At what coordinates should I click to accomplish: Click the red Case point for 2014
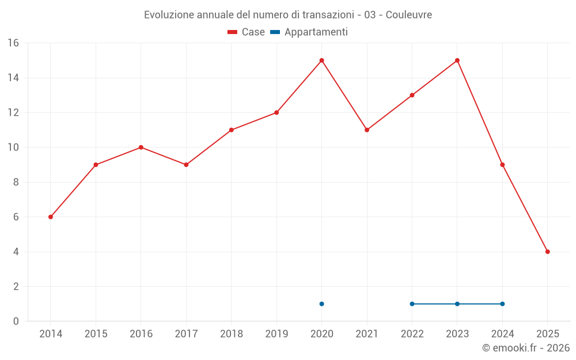[x=51, y=217]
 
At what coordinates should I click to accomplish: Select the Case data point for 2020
[x=321, y=60]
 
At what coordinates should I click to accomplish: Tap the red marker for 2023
[x=457, y=60]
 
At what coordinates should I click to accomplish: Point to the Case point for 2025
[x=548, y=252]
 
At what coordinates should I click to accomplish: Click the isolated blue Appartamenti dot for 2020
[x=321, y=304]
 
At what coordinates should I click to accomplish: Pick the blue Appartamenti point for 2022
[x=412, y=304]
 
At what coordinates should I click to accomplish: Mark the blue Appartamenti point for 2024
[x=502, y=304]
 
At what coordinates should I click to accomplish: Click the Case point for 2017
[x=186, y=165]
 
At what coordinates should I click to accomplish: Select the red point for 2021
[x=367, y=130]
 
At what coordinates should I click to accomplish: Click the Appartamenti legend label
[x=316, y=32]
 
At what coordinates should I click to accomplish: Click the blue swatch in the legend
[x=275, y=32]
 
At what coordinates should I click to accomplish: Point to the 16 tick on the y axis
[x=13, y=43]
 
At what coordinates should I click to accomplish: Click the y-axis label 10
[x=13, y=147]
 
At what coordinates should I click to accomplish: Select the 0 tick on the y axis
[x=16, y=321]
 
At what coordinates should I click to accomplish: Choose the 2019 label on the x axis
[x=276, y=334]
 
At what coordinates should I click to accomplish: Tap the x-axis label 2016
[x=141, y=334]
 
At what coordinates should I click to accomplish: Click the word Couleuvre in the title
[x=408, y=15]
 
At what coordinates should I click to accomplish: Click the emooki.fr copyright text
[x=525, y=348]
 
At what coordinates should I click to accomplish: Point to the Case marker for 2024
[x=502, y=165]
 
